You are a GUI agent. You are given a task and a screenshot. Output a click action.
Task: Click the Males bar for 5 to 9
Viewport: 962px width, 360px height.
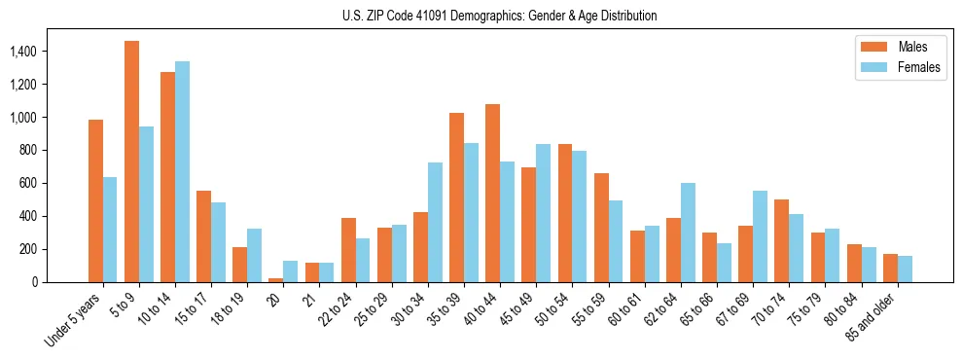[131, 162]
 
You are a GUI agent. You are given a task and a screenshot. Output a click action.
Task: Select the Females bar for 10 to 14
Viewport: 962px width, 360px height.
[182, 171]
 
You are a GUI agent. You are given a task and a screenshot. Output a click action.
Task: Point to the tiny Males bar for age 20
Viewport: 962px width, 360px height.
[276, 279]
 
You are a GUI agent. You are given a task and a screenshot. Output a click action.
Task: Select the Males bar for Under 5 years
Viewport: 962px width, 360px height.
[95, 200]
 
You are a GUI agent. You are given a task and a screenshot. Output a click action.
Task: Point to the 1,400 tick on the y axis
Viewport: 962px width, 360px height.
[42, 51]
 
